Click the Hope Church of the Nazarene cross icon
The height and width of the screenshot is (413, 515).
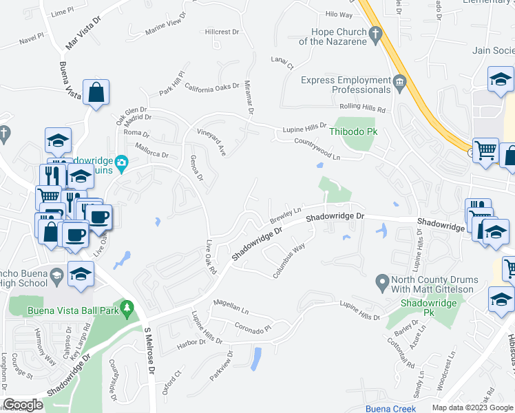[x=376, y=34]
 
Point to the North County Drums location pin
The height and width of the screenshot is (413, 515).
[x=381, y=282]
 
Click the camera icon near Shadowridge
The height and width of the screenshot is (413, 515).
[x=122, y=163]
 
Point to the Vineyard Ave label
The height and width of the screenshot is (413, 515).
[x=212, y=141]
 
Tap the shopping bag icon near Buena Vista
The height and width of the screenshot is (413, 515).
[x=96, y=94]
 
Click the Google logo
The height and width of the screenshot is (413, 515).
[x=23, y=405]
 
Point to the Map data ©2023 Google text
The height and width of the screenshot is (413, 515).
[x=471, y=407]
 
